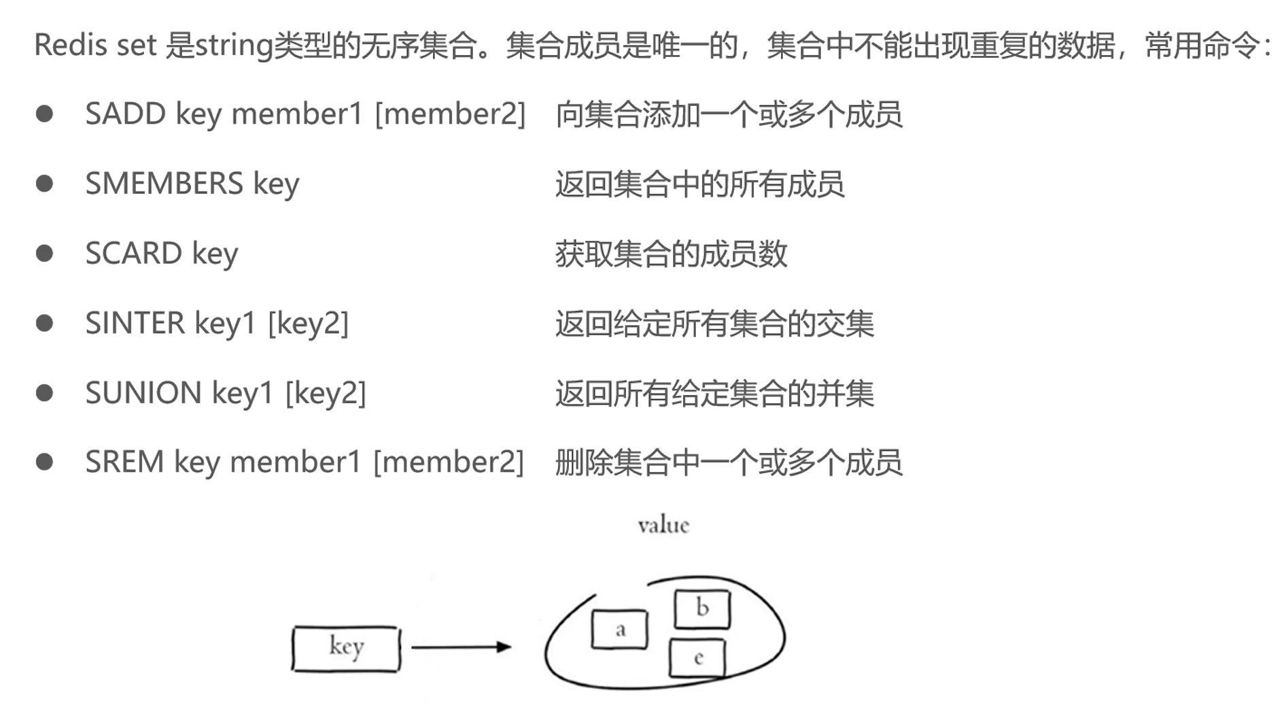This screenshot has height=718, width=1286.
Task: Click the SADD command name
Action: pos(125,114)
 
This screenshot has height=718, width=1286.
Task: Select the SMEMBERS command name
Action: pos(164,184)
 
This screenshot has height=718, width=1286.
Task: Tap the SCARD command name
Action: pos(133,254)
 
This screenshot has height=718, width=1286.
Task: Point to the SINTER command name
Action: pos(135,324)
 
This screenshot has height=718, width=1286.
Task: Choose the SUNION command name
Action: pos(143,393)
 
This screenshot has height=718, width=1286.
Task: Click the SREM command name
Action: pos(124,462)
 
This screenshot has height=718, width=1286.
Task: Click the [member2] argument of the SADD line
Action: pos(450,114)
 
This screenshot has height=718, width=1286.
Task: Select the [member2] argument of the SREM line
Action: pos(449,462)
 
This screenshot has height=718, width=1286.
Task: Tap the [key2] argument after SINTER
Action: pos(308,324)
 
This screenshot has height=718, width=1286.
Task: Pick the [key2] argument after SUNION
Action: pos(326,393)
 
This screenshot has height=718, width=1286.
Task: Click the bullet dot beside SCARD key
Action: pos(45,254)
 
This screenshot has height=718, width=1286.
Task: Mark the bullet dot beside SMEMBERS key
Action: pos(45,184)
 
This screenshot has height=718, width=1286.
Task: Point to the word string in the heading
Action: pos(233,46)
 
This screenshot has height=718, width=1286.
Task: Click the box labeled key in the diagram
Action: pos(346,648)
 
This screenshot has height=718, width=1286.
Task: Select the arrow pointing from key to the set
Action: pos(460,647)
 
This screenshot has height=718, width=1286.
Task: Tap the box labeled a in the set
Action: pos(619,629)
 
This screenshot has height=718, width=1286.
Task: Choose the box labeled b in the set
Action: pos(702,609)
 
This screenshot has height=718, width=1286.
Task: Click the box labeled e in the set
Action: pos(697,657)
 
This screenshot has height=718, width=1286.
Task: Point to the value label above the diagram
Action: pos(663,525)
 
